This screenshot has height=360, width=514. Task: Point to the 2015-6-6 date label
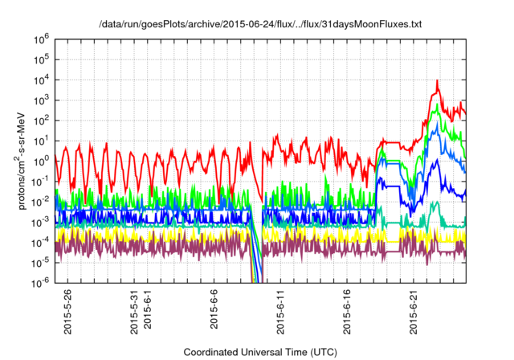(214, 311)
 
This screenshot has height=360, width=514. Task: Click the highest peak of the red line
(437, 81)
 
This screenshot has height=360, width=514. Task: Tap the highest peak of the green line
(438, 105)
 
